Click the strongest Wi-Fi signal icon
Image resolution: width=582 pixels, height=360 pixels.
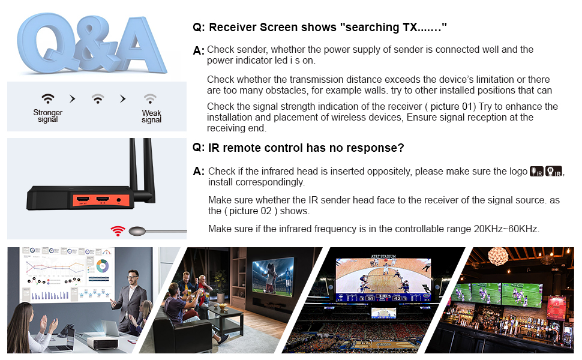click(x=48, y=98)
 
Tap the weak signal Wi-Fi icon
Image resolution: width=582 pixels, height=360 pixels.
click(x=150, y=98)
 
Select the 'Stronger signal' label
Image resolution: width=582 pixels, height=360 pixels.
click(x=48, y=115)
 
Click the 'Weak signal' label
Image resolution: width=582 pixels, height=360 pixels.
click(x=151, y=116)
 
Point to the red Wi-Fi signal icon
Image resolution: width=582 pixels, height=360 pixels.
click(x=118, y=231)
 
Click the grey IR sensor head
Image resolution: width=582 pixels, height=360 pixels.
click(x=137, y=231)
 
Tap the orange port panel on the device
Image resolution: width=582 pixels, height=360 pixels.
click(x=101, y=201)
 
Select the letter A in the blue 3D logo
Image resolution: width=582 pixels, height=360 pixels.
click(x=137, y=44)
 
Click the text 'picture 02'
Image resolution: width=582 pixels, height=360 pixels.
click(x=250, y=211)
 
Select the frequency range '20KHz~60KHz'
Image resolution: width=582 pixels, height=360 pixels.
click(x=506, y=229)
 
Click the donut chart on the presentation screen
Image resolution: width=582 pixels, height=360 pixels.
click(x=103, y=266)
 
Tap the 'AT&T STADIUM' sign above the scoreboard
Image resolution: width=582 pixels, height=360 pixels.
click(x=383, y=256)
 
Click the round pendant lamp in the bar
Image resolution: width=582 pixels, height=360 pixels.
click(x=498, y=256)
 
